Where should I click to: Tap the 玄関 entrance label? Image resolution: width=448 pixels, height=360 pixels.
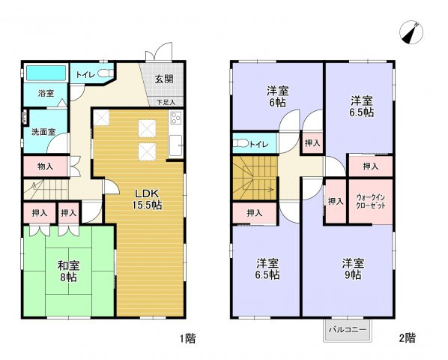[x=165, y=79]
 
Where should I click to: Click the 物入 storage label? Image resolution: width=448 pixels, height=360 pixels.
[x=44, y=166]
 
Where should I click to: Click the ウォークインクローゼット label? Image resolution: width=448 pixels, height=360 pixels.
[x=370, y=200]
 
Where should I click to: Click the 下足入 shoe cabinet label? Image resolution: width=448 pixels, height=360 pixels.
[x=166, y=101]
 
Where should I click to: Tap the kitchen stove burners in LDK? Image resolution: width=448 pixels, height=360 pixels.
[x=176, y=118]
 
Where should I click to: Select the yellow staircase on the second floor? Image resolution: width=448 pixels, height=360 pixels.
[x=253, y=180]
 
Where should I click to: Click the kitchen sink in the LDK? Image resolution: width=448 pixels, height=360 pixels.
[x=176, y=145]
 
